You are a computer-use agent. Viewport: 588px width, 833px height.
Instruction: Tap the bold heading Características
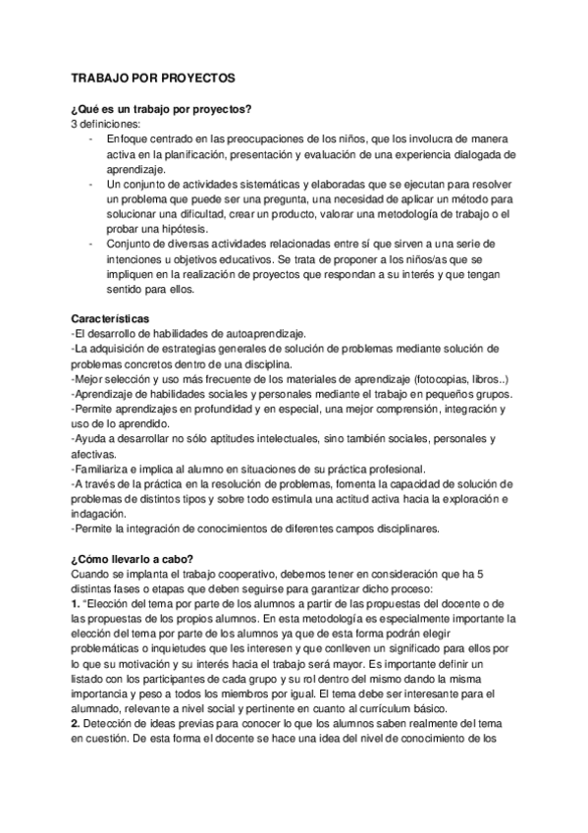[x=110, y=319]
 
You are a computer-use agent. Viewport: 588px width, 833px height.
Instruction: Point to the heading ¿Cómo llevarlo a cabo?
[x=133, y=559]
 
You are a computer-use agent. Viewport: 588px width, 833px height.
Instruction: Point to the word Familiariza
[x=108, y=469]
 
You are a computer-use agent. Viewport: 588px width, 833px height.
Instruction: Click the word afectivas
[x=94, y=454]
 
